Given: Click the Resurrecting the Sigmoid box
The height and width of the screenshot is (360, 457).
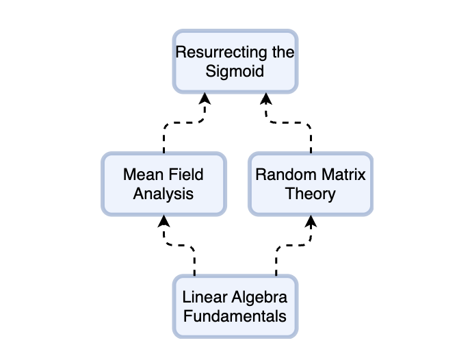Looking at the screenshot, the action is point(235,62).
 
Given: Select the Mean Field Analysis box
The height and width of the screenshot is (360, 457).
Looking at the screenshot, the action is point(164,184).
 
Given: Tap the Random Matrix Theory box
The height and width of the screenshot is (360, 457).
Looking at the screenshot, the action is point(311,184).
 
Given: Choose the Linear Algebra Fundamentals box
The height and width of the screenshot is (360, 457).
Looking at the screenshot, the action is point(235,307).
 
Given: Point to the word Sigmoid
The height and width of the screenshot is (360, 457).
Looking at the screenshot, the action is point(235,71).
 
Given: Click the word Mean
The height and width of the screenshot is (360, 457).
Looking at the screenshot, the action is point(143,175).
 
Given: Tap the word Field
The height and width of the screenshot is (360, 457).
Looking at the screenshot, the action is point(186,175).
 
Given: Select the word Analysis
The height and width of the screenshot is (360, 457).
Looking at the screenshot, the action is point(164,194).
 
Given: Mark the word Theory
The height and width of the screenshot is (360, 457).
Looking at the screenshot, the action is point(311,194).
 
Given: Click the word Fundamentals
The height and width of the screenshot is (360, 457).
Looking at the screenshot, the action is point(235,316).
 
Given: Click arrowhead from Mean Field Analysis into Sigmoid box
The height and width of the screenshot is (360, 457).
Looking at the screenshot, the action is point(205,99).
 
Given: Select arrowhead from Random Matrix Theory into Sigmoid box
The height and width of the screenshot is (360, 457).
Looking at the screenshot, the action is point(266,99).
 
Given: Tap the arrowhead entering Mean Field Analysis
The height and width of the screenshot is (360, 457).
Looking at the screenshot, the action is point(164,221).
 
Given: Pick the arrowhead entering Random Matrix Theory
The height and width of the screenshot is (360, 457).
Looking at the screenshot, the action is point(311,221).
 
